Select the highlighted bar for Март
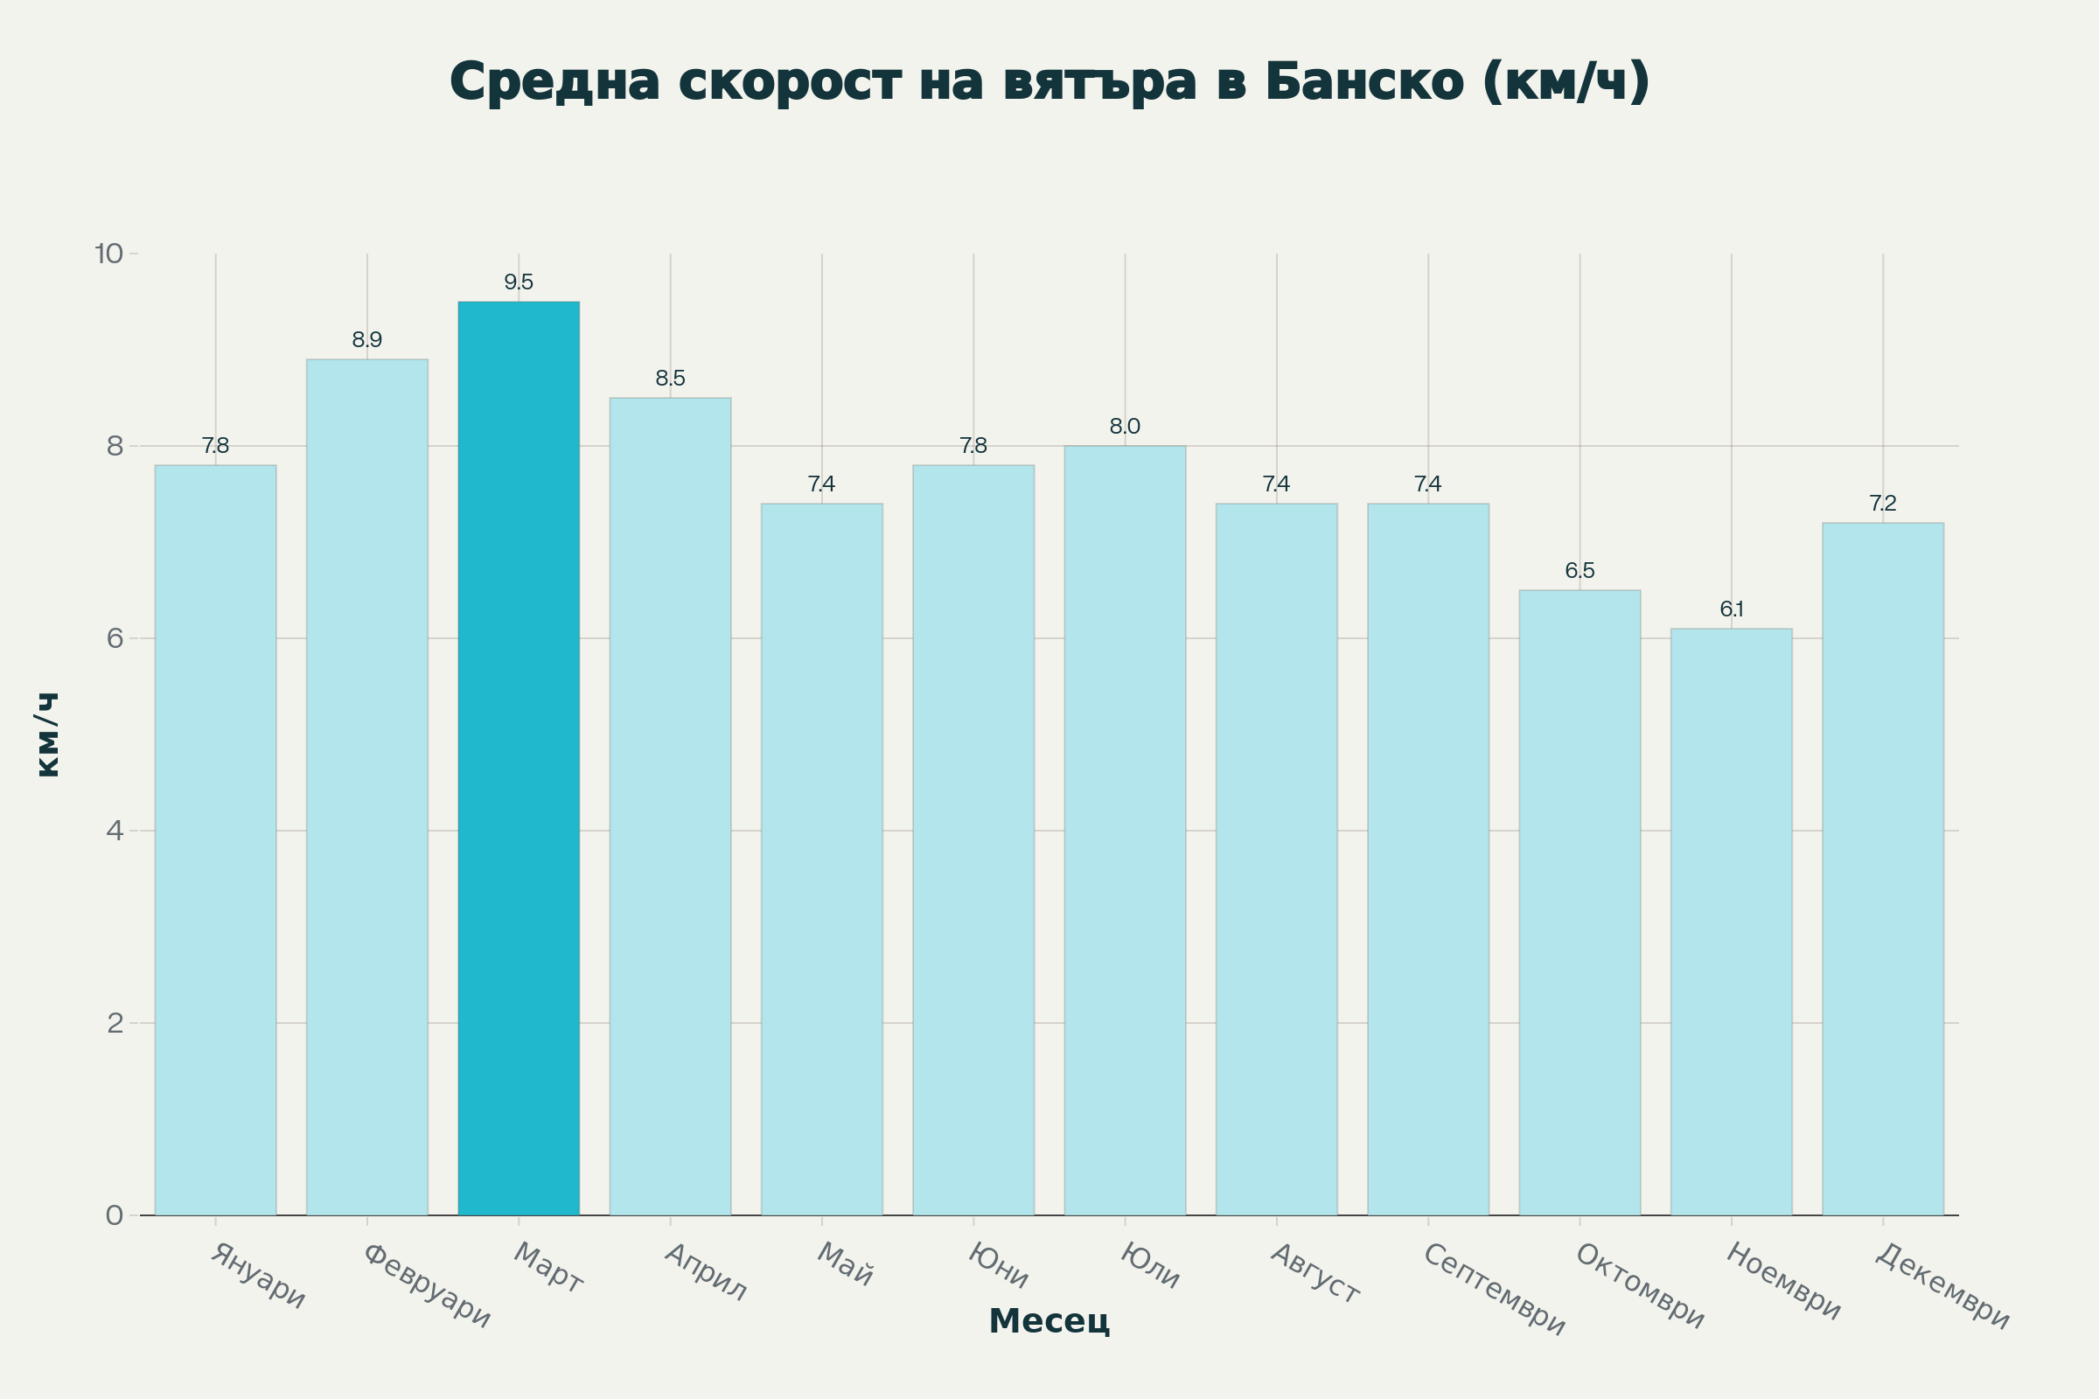pyautogui.click(x=519, y=758)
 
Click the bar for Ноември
pyautogui.click(x=1732, y=922)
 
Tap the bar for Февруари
pyautogui.click(x=366, y=787)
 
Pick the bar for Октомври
pyautogui.click(x=1579, y=902)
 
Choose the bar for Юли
pyautogui.click(x=1125, y=830)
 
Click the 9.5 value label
pyautogui.click(x=519, y=282)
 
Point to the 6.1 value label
pyautogui.click(x=1732, y=609)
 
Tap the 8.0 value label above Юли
pyautogui.click(x=1125, y=427)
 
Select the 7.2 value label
pyautogui.click(x=1883, y=505)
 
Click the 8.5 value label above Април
pyautogui.click(x=670, y=379)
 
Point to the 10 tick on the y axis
pyautogui.click(x=108, y=254)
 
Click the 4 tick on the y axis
pyautogui.click(x=115, y=831)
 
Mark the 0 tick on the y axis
pyautogui.click(x=115, y=1215)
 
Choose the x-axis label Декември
pyautogui.click(x=1942, y=1286)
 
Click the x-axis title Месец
pyautogui.click(x=1049, y=1320)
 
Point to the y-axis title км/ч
pyautogui.click(x=46, y=734)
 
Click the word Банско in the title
pyautogui.click(x=1364, y=82)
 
